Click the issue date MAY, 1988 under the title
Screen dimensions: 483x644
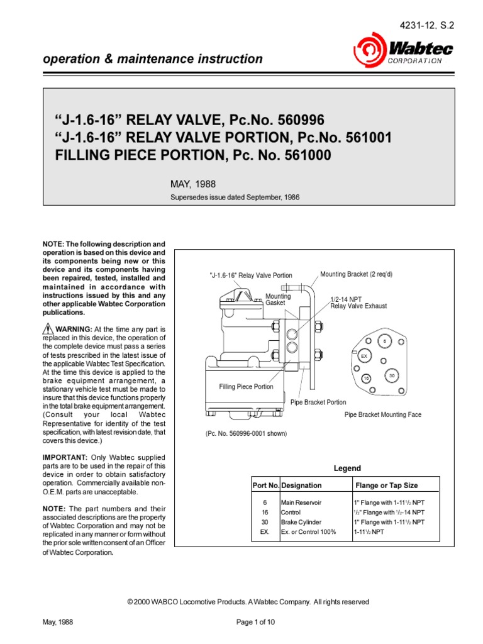tap(193, 184)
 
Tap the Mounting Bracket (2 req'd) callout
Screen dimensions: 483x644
tap(356, 274)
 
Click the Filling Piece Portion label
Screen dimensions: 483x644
tap(246, 387)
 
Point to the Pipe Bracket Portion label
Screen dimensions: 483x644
tap(318, 402)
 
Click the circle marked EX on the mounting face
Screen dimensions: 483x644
tap(364, 356)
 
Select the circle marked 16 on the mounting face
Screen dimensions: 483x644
tap(366, 378)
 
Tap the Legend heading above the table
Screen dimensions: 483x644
tap(347, 469)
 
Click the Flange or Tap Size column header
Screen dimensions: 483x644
tap(386, 486)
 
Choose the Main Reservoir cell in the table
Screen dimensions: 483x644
tap(301, 502)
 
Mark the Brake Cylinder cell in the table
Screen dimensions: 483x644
tap(301, 522)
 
